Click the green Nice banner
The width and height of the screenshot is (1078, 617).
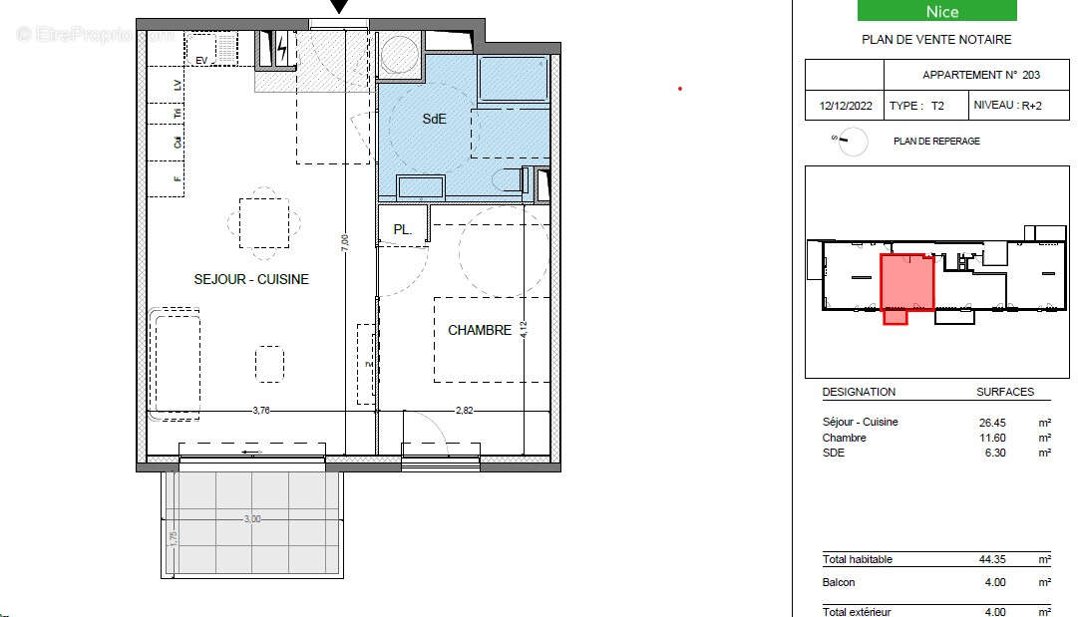coord(936,11)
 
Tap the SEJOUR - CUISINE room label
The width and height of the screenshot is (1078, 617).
coord(251,279)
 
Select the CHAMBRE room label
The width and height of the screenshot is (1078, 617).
coord(480,330)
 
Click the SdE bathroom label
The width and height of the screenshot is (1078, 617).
coord(435,119)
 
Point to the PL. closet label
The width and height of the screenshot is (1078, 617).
coord(402,229)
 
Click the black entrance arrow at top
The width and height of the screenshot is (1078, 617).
coord(339,8)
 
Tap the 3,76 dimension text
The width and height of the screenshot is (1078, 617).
coord(261,410)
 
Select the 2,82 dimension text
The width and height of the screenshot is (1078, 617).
coord(466,410)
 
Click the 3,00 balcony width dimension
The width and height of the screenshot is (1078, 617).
coord(252,518)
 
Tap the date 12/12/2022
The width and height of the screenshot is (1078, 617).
coord(844,106)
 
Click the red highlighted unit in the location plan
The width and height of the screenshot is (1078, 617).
coord(906,283)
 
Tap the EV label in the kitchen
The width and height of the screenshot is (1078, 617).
coord(200,61)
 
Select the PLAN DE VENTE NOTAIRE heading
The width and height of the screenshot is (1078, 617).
coord(936,40)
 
